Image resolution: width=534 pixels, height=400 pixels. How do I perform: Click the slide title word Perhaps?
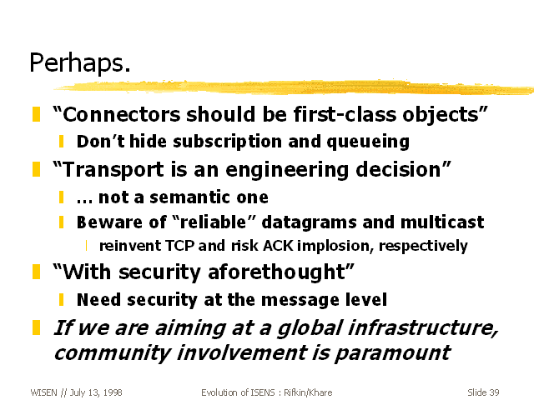[80, 63]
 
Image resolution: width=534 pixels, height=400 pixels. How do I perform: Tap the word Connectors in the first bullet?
[122, 114]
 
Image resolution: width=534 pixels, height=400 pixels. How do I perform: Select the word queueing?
[368, 142]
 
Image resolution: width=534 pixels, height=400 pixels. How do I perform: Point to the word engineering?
[287, 170]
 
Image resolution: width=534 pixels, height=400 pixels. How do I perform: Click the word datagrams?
[309, 222]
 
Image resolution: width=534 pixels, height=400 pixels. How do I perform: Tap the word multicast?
[442, 222]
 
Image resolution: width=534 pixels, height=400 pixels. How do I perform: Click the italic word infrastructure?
[423, 327]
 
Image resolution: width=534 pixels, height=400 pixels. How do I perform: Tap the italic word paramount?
[393, 353]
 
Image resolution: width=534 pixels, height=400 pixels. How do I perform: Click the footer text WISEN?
[44, 392]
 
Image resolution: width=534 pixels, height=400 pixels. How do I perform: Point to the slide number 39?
[494, 392]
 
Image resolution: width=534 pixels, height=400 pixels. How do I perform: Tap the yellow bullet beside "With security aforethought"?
[36, 272]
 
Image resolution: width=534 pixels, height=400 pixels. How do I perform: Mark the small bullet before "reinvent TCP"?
[86, 246]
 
